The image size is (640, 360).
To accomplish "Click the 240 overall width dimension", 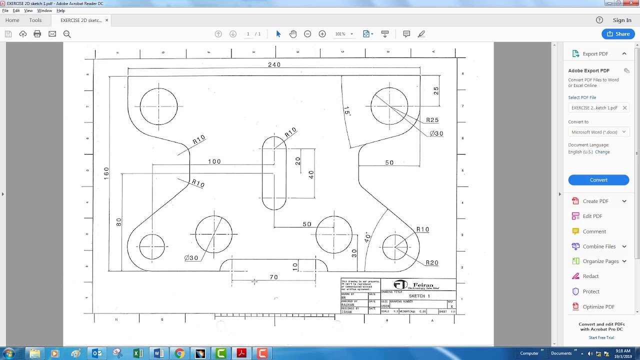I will pyautogui.click(x=274, y=64).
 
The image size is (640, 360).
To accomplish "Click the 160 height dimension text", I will pyautogui.click(x=106, y=173).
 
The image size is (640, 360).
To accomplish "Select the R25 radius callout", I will pyautogui.click(x=432, y=120).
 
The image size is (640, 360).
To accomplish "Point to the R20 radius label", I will pyautogui.click(x=431, y=263).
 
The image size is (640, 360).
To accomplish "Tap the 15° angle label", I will pyautogui.click(x=347, y=111).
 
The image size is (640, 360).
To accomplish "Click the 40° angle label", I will pyautogui.click(x=367, y=237).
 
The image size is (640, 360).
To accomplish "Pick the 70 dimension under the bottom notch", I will pyautogui.click(x=273, y=277).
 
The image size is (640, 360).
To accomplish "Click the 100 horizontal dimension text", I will pyautogui.click(x=214, y=161).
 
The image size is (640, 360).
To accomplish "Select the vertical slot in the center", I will pyautogui.click(x=274, y=173).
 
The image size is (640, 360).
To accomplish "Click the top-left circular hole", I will pyautogui.click(x=158, y=106).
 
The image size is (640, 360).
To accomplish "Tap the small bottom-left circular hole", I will pyautogui.click(x=152, y=246).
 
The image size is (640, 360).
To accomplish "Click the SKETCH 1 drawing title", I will pyautogui.click(x=419, y=296).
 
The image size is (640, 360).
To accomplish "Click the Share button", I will pyautogui.click(x=618, y=34).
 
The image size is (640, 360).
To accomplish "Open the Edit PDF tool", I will pyautogui.click(x=592, y=216).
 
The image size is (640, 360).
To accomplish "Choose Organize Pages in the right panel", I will pyautogui.click(x=600, y=261).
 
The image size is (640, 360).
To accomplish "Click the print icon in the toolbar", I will pyautogui.click(x=37, y=34).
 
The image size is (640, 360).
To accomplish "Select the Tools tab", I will pyautogui.click(x=35, y=20).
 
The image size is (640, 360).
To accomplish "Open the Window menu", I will pyautogui.click(x=44, y=10).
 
